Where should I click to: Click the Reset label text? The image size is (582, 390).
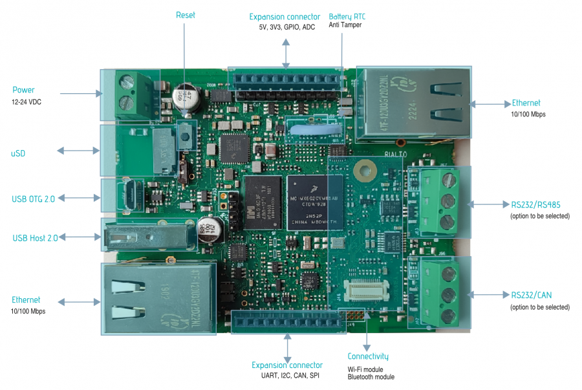point(185,15)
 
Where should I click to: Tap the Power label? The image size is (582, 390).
point(23,90)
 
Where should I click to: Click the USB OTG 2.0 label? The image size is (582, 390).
point(34,199)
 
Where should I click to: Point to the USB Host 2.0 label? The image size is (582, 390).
point(35,238)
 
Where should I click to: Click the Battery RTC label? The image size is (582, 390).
point(351,16)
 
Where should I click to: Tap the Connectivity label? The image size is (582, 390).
point(368,356)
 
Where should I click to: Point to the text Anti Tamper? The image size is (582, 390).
point(345,25)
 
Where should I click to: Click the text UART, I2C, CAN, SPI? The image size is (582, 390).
point(286,376)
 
